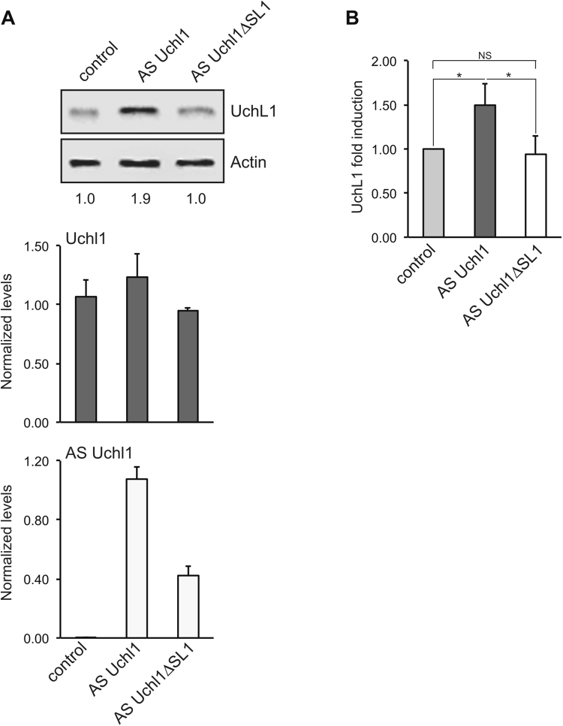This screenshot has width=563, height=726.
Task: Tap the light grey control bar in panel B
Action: click(x=433, y=193)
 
